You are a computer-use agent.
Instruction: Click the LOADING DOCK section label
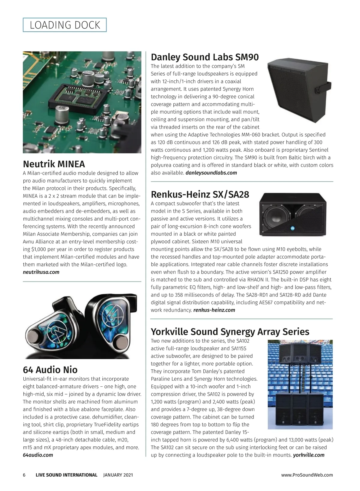pos(65,25)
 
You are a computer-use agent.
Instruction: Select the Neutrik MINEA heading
pos(54,164)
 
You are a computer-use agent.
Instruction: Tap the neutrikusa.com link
pos(41,272)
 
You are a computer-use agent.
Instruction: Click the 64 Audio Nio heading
pos(50,369)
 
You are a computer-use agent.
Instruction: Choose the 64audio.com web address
pos(38,455)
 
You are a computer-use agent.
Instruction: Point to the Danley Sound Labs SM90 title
pos(205,57)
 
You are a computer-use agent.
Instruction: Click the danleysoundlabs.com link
pos(211,173)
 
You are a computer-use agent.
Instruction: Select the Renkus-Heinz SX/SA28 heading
pos(200,195)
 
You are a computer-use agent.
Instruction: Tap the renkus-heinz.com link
pos(214,310)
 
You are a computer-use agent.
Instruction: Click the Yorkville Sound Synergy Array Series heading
pos(230,332)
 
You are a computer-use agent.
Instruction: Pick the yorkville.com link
pos(309,455)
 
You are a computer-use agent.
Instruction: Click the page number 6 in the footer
pos(24,475)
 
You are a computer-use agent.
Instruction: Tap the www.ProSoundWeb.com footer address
pos(307,475)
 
